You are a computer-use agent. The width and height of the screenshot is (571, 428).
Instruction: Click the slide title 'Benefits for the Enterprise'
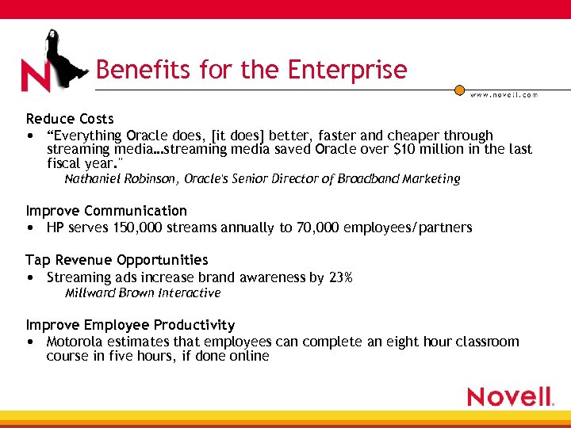[251, 70]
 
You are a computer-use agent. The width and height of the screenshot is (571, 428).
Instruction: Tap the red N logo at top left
[36, 75]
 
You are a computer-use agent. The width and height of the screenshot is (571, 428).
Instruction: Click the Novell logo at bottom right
[510, 396]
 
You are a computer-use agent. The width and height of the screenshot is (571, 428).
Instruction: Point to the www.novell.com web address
[504, 94]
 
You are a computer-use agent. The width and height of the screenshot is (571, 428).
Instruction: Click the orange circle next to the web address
[459, 90]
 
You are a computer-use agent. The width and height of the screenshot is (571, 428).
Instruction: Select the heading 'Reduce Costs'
[70, 119]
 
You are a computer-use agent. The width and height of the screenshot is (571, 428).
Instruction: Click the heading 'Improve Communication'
[106, 211]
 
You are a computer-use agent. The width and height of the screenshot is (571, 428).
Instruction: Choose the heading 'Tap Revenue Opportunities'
[117, 260]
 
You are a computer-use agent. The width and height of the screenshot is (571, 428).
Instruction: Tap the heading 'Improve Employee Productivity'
[130, 325]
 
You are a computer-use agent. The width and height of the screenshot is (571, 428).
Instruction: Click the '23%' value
[340, 277]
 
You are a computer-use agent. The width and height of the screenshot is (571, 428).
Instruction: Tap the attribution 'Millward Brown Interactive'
[143, 293]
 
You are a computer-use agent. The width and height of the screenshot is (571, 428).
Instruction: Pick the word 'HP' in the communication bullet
[56, 228]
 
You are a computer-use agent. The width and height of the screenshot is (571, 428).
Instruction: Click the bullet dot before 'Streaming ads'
[29, 277]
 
